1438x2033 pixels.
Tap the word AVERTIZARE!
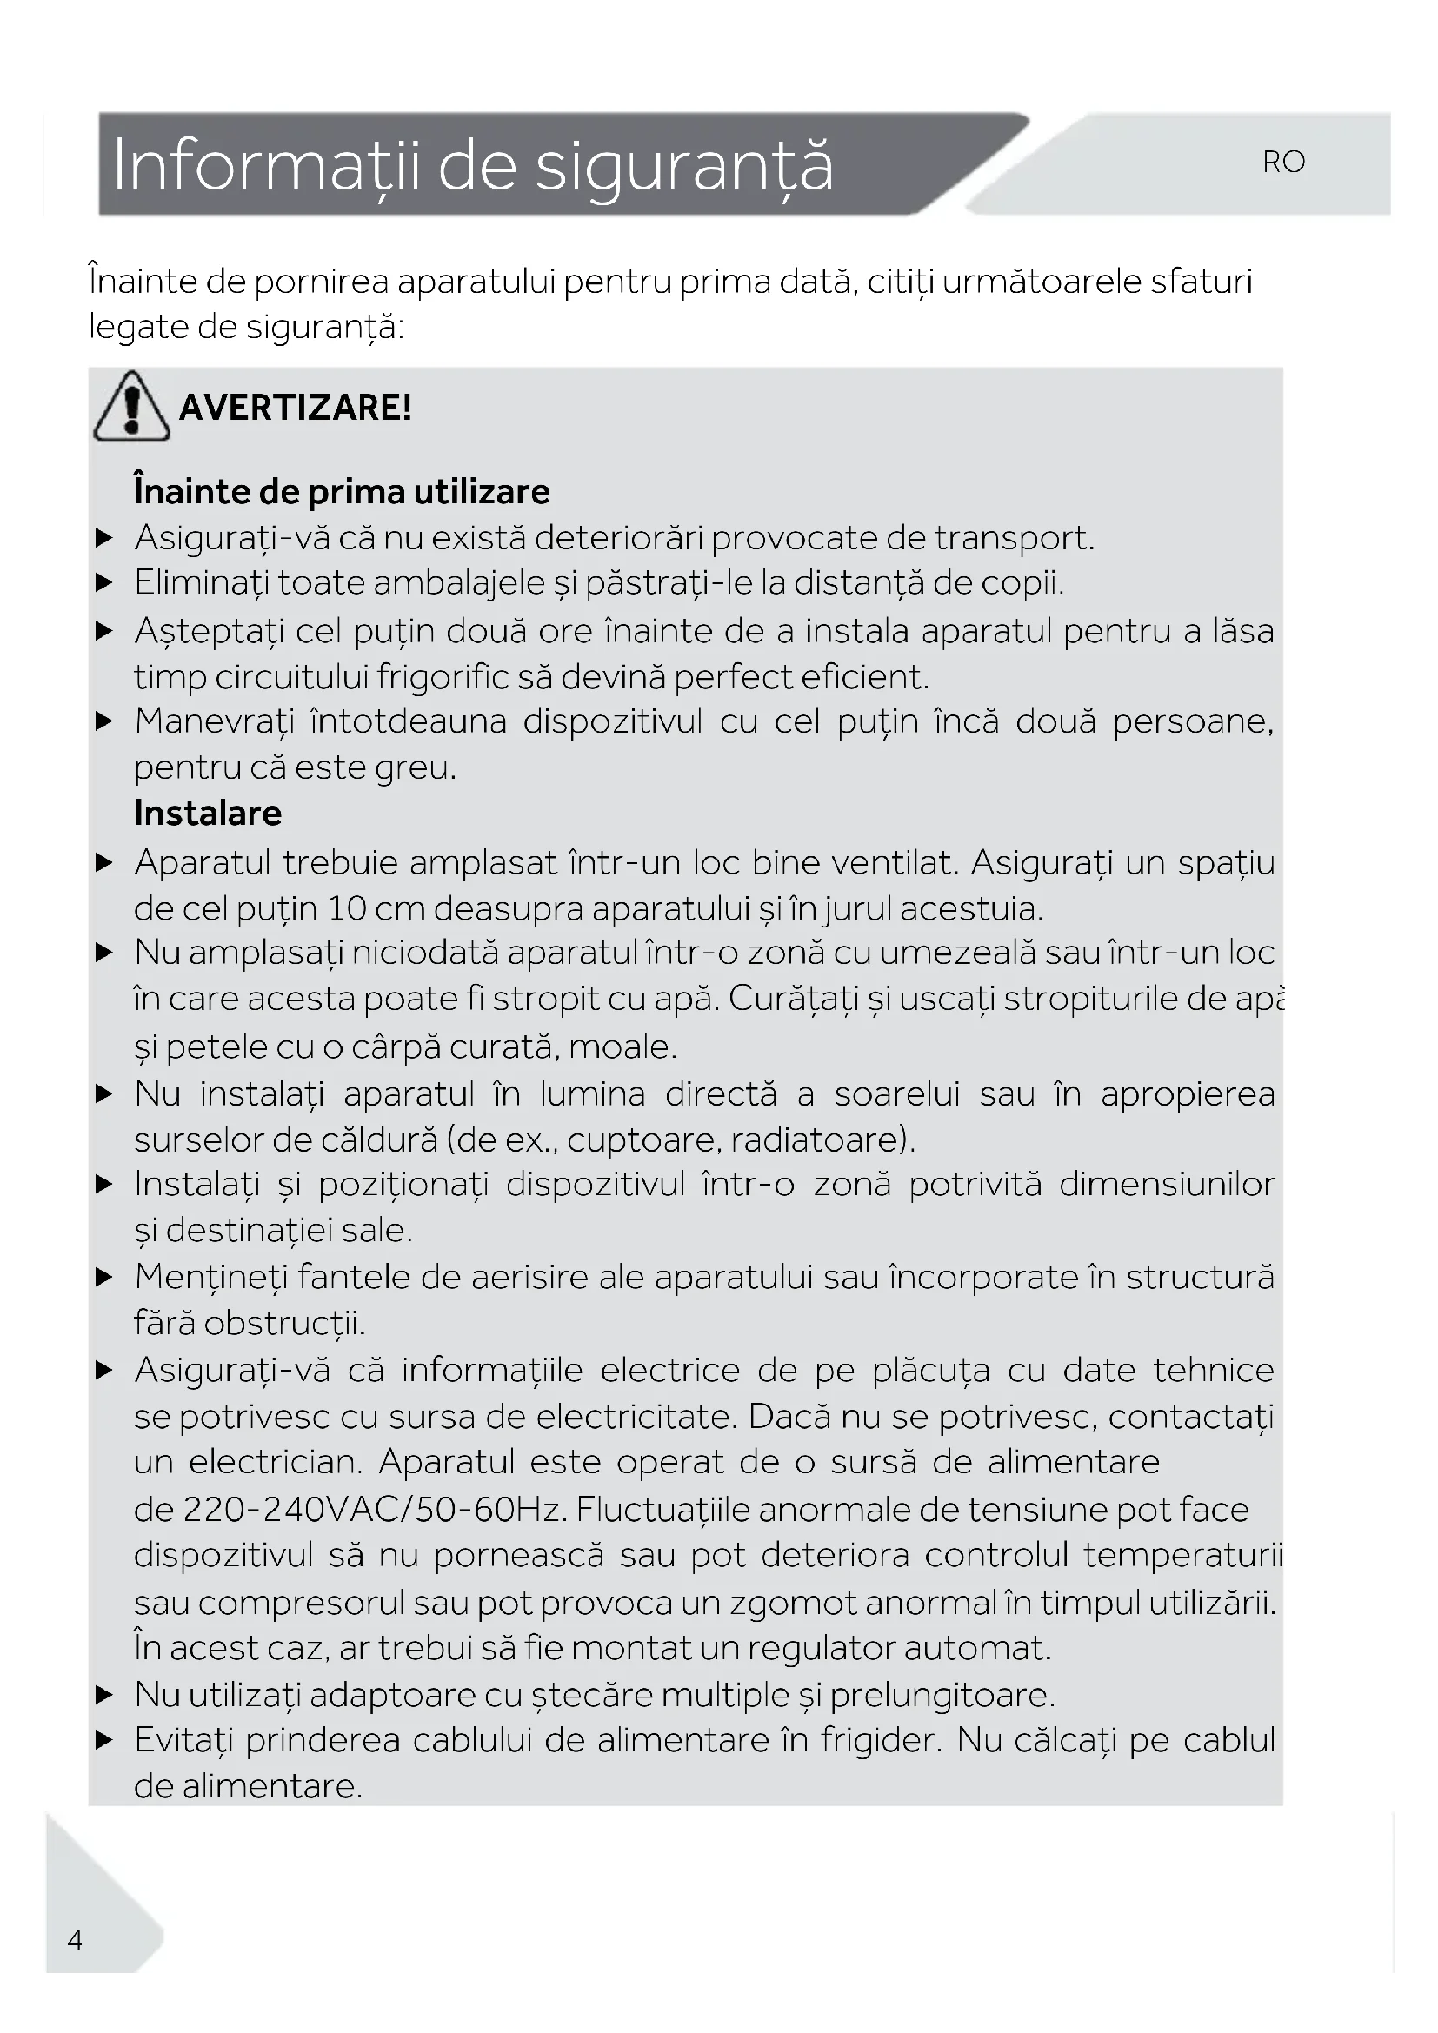[295, 408]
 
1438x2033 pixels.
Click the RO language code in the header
[1283, 162]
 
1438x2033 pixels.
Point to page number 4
[76, 1940]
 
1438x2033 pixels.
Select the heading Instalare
[208, 813]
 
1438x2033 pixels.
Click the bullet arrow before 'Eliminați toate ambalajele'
[104, 582]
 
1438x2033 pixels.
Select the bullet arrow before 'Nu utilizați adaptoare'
[104, 1695]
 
